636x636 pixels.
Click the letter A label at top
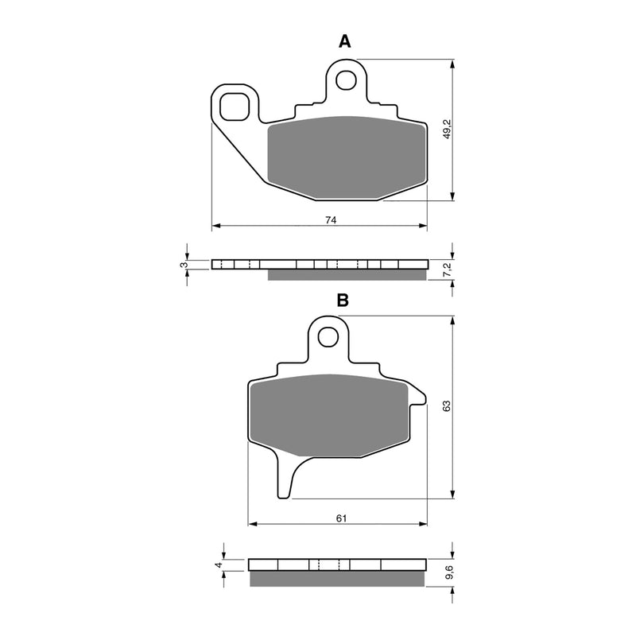[344, 41]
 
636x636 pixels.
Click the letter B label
[343, 301]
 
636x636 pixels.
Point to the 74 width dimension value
[332, 220]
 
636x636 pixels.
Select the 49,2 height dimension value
[447, 130]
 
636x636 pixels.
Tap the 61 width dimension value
[341, 518]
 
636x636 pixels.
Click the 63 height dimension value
[447, 405]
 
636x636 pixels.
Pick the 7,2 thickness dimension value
[447, 270]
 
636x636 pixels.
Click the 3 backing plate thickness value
[184, 264]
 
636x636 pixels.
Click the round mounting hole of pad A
[347, 79]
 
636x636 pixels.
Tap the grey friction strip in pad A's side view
[346, 275]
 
